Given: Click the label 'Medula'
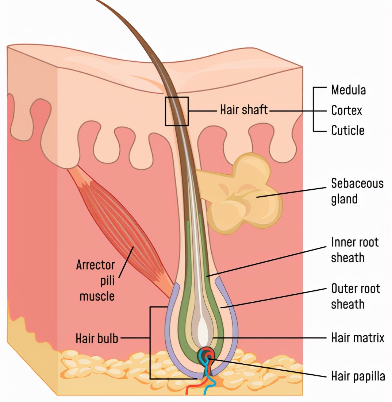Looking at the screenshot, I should coord(348,90).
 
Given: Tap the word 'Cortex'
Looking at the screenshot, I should coord(346,110).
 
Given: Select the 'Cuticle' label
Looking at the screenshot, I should coord(347,130).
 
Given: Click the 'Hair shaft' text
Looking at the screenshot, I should coord(244,109).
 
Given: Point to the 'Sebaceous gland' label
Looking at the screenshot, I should coord(357,191).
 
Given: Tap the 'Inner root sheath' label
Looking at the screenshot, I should coord(354,250).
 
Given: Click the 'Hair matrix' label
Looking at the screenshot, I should coord(358,337).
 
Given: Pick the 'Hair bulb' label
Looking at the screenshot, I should coord(97,338).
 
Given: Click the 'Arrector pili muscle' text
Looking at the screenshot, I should coord(96,280).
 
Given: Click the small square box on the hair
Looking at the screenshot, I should coord(177,111).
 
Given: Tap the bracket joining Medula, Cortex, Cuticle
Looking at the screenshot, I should coord(314,109).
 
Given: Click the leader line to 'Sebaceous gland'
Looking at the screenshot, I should coord(292,192).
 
